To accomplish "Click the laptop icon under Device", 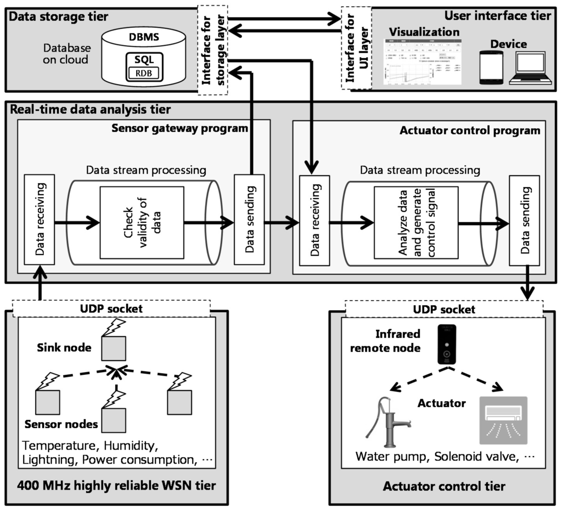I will [x=530, y=68].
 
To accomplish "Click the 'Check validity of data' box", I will [x=142, y=222].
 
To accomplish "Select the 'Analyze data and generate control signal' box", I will [x=415, y=222].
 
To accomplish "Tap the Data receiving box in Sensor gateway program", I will [x=40, y=219].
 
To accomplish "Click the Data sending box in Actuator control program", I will [x=524, y=219].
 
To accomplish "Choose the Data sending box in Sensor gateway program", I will [x=249, y=219].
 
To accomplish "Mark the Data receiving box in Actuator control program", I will [x=314, y=219].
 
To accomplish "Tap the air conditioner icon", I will [x=503, y=420].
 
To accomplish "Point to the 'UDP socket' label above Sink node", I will [x=111, y=308].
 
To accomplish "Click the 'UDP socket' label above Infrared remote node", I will [x=444, y=310].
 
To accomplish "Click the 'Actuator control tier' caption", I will [x=444, y=486].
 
